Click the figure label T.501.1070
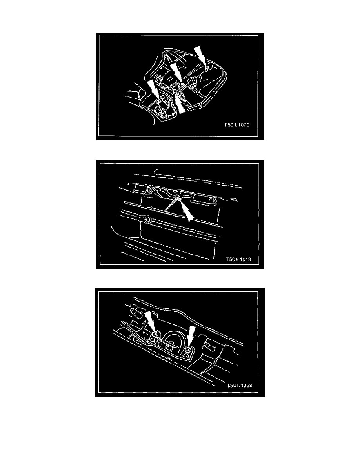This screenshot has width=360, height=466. point(237,124)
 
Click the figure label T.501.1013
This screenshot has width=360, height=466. point(238,259)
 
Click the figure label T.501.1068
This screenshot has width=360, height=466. point(239,386)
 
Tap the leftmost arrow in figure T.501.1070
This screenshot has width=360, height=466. point(153,90)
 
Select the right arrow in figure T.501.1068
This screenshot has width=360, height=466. point(191,336)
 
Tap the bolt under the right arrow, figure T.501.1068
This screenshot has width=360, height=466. point(187,350)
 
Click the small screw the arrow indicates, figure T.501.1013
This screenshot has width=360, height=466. point(178,197)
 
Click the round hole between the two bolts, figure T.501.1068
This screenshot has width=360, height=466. point(168,348)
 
